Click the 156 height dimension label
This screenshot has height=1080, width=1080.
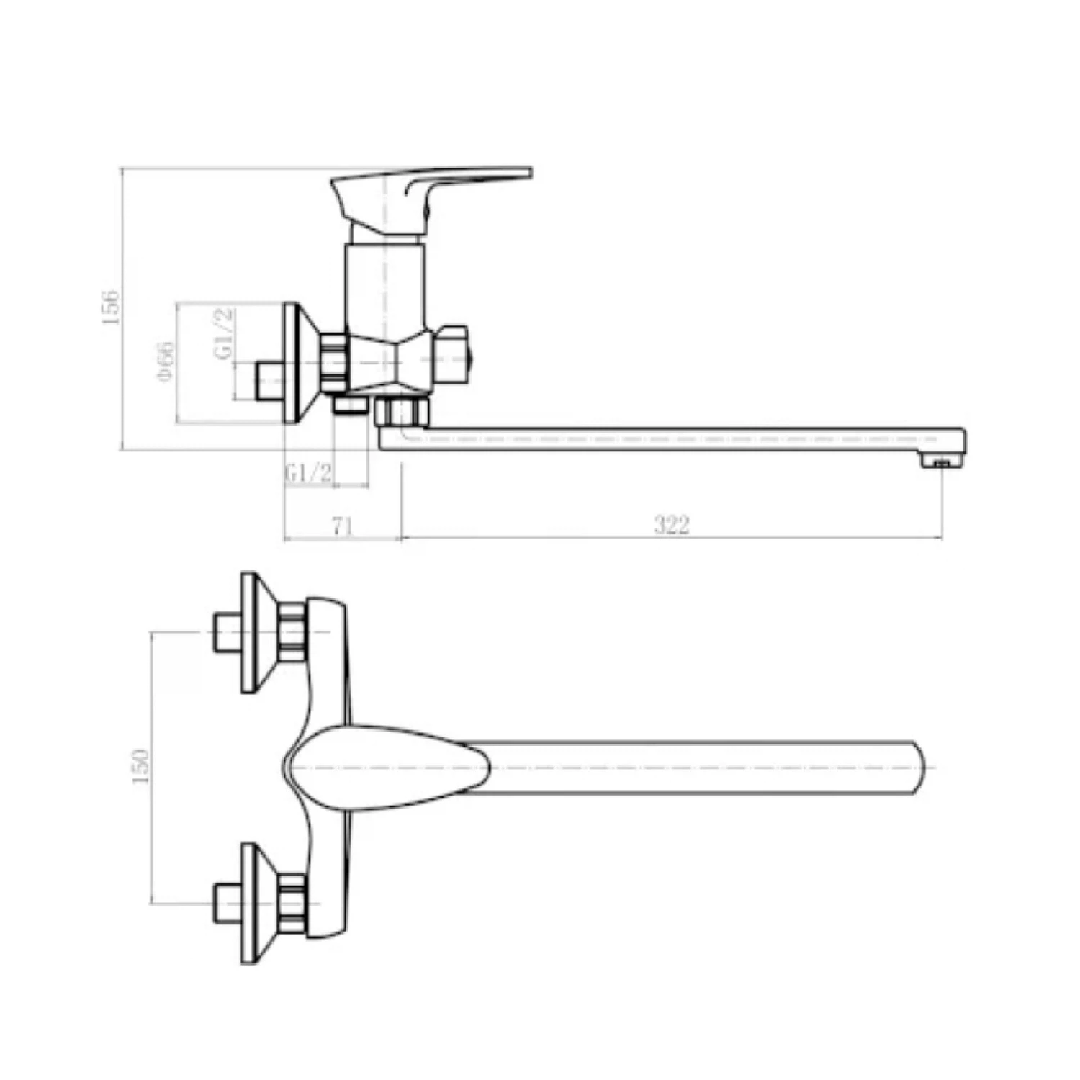[x=109, y=307]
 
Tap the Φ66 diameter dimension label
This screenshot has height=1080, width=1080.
[x=166, y=362]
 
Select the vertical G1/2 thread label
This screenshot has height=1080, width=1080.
[x=224, y=333]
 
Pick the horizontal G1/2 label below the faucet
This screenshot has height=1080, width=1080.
[x=310, y=473]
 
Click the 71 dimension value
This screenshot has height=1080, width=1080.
[x=343, y=526]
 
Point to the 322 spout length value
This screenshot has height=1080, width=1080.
[x=672, y=525]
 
